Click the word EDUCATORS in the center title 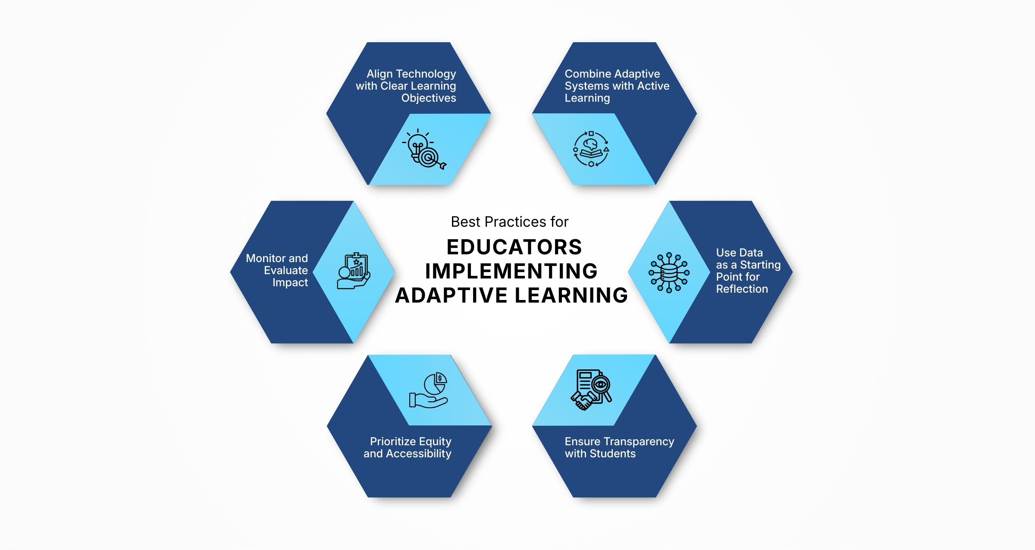[x=514, y=247]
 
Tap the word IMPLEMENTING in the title [x=511, y=271]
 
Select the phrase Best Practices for [x=509, y=222]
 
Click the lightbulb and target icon [x=424, y=149]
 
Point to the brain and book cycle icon [x=591, y=149]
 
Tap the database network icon [x=669, y=272]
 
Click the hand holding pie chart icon [x=430, y=391]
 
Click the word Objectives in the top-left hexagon [x=429, y=98]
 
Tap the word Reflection [x=742, y=289]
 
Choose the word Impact [x=290, y=282]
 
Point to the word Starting [x=760, y=265]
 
